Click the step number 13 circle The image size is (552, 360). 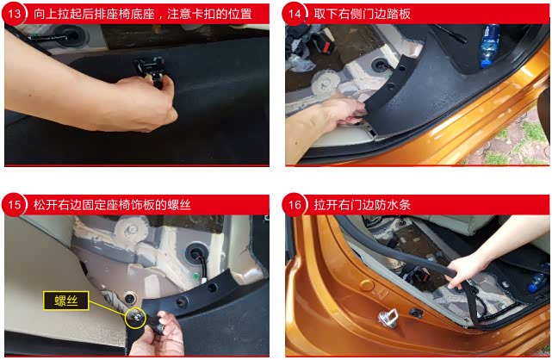click(x=14, y=14)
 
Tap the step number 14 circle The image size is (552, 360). click(x=295, y=14)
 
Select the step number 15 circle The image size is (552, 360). click(x=14, y=204)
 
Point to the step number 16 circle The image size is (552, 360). click(x=295, y=204)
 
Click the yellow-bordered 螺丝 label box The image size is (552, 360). click(x=65, y=301)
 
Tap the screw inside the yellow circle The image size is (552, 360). click(x=136, y=318)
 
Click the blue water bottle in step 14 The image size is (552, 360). click(x=490, y=45)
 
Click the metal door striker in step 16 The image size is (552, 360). click(x=388, y=318)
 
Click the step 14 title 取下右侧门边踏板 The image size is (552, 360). click(x=362, y=14)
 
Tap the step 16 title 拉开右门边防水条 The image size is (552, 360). click(x=362, y=205)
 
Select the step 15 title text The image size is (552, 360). click(x=112, y=205)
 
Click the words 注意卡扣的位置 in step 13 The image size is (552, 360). click(x=209, y=14)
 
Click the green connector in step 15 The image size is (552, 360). click(x=195, y=276)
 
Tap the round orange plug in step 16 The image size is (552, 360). click(x=367, y=285)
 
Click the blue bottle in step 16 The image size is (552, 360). click(x=537, y=282)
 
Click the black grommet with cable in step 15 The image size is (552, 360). click(x=195, y=252)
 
